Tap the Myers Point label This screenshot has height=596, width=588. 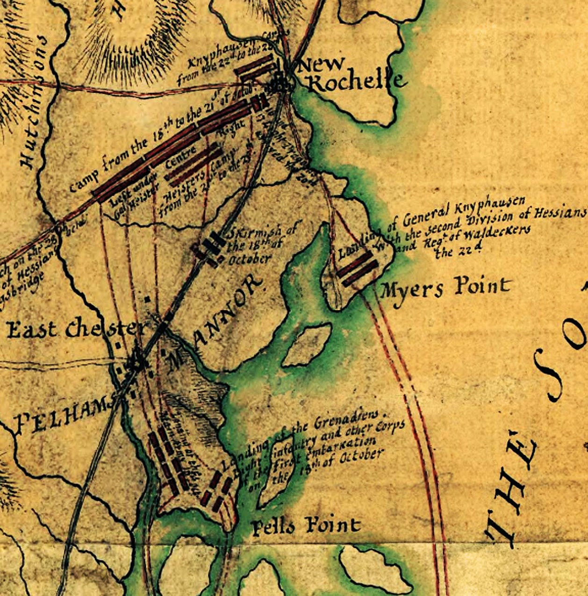click(444, 287)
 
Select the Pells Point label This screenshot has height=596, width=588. click(306, 526)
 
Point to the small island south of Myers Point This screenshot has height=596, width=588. click(306, 346)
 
